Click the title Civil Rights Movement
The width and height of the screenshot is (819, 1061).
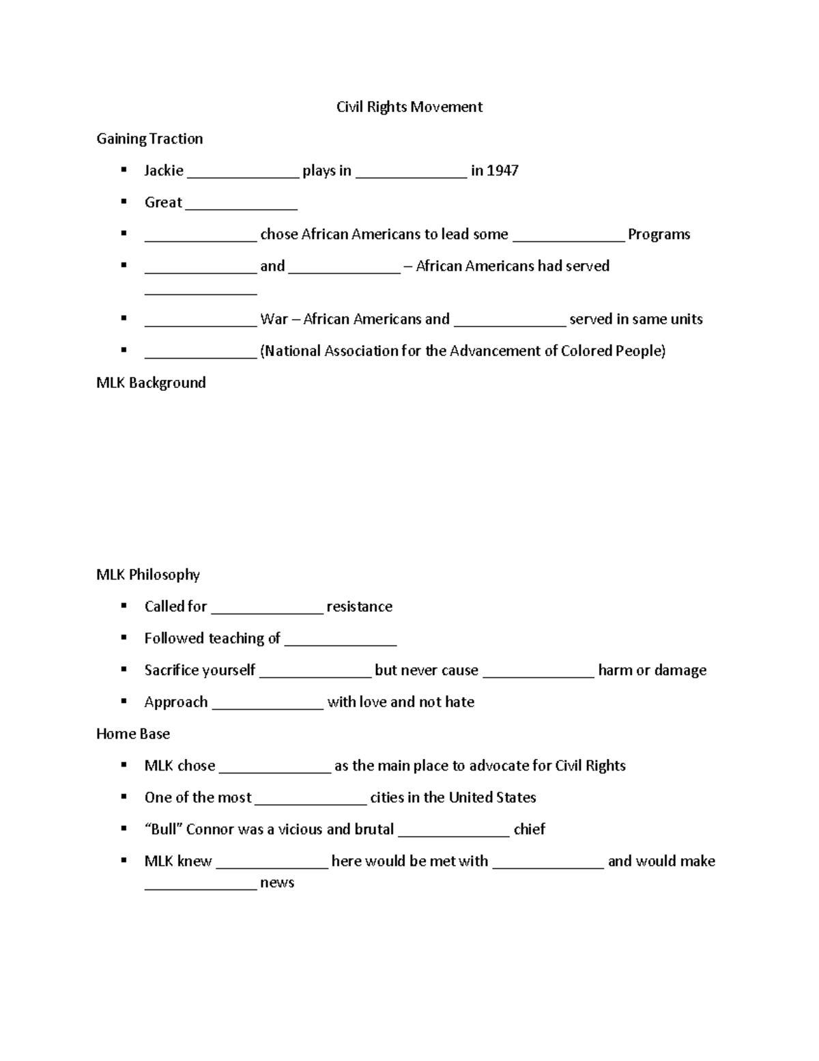409,107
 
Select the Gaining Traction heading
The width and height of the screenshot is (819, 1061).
149,139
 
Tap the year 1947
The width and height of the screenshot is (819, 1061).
502,171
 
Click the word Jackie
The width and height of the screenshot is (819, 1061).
164,171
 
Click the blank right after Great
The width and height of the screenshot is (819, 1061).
241,205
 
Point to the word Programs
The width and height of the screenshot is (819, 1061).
659,234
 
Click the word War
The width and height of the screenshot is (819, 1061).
274,319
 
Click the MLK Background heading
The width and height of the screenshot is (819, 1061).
151,383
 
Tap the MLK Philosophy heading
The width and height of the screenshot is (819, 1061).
148,575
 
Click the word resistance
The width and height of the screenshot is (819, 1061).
359,607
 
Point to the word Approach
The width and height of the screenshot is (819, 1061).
175,702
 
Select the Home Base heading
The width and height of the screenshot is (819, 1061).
133,734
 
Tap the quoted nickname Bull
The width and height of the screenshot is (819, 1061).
163,829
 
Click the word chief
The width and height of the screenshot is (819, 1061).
529,829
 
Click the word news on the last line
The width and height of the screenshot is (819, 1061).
277,883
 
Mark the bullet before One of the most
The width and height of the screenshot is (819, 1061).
124,797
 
